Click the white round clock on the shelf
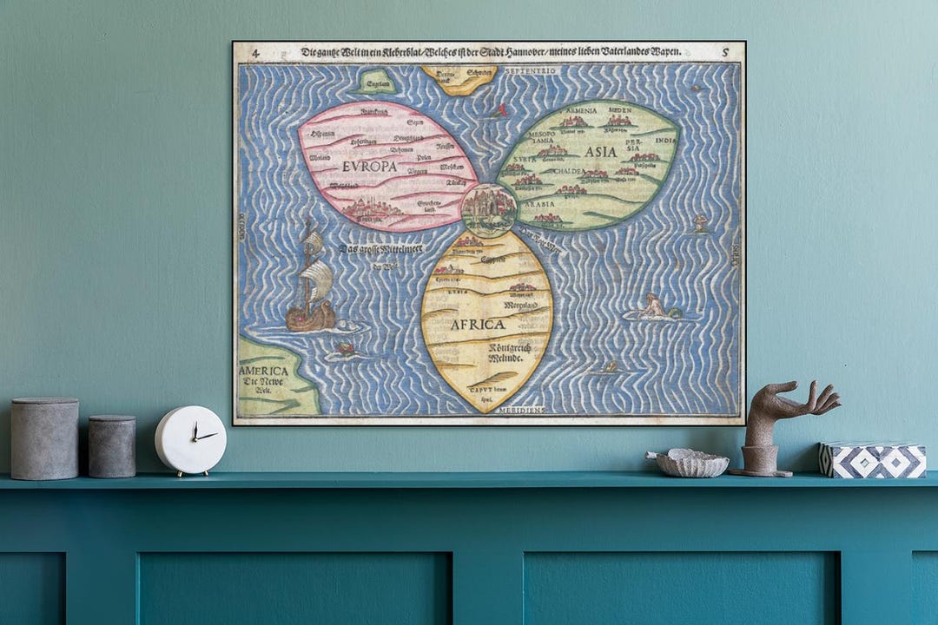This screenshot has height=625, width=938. [190, 439]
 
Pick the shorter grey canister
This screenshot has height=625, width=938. [112, 445]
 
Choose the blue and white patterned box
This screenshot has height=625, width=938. [873, 460]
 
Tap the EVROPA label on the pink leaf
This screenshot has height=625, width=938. [369, 166]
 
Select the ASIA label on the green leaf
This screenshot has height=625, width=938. [600, 151]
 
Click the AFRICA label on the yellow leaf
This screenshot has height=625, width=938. [477, 324]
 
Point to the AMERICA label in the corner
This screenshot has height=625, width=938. [264, 371]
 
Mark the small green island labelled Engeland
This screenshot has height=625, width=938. [376, 83]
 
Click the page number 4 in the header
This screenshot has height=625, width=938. [255, 53]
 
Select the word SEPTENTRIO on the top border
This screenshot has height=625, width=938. [527, 69]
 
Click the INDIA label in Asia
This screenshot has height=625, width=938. [665, 140]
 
